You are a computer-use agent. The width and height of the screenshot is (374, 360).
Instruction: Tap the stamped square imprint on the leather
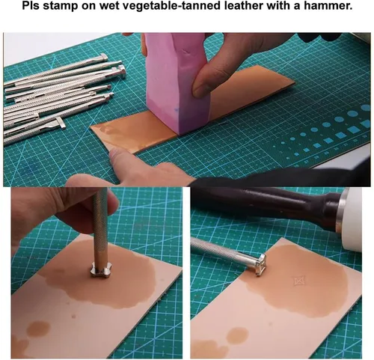click(x=298, y=281)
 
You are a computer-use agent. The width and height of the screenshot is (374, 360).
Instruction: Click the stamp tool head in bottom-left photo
click(x=100, y=270)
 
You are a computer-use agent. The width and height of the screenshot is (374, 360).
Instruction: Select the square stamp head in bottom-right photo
click(x=260, y=264)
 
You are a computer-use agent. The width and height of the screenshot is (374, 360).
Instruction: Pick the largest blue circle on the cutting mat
click(x=366, y=108)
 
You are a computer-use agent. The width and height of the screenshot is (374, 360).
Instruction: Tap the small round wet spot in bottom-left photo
click(x=38, y=329)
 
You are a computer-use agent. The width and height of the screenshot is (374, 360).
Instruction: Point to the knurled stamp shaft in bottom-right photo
click(x=215, y=248)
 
